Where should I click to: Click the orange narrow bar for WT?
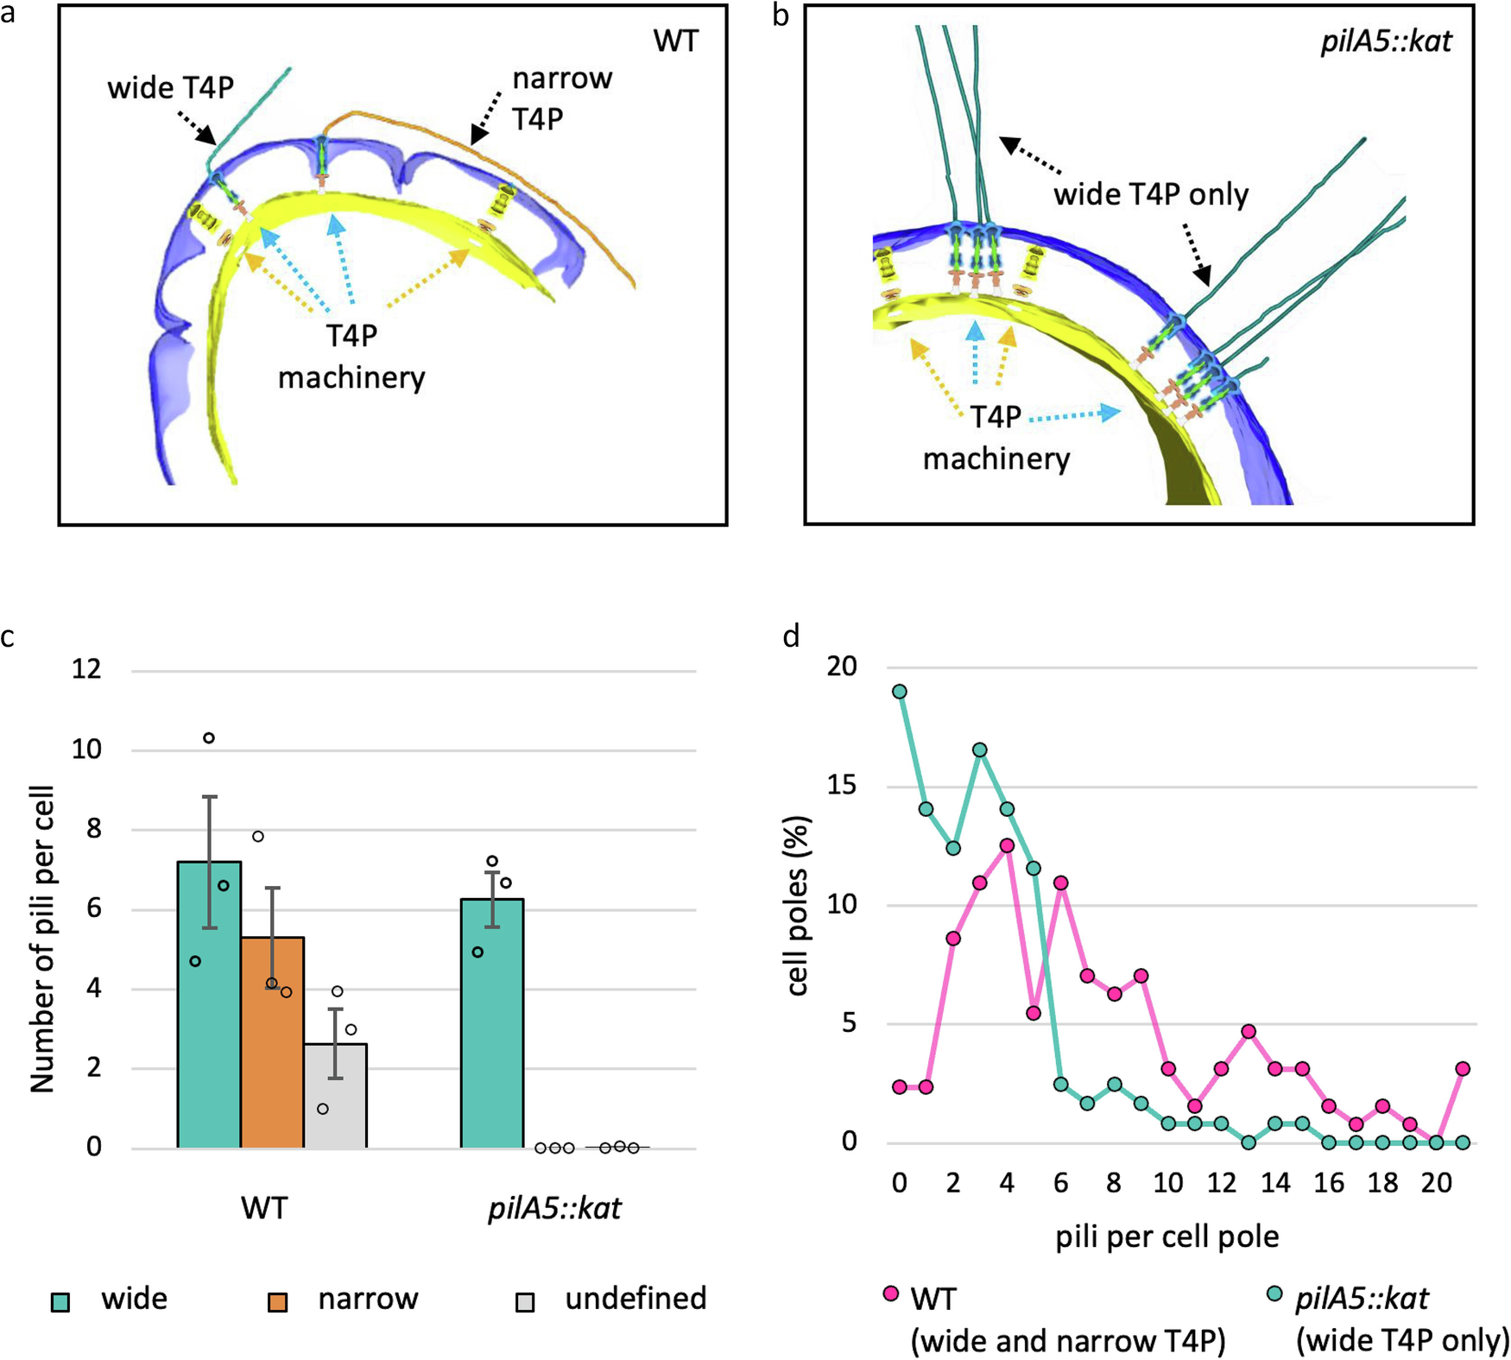(272, 1042)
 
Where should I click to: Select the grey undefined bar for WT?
(335, 1096)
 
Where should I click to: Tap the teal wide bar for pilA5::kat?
(491, 1023)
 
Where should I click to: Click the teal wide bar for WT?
(208, 1004)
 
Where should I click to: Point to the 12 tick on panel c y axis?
(86, 669)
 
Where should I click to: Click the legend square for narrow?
(277, 1301)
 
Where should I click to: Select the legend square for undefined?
(524, 1301)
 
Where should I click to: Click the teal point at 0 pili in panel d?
(900, 692)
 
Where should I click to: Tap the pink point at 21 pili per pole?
(1463, 1069)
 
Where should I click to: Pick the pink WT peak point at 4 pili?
(1007, 845)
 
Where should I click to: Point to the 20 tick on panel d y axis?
(842, 667)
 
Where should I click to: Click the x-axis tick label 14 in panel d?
(1275, 1183)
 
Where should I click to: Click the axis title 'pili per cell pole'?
(1166, 1237)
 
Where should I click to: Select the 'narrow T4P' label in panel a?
(562, 98)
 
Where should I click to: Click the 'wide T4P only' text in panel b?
(1150, 194)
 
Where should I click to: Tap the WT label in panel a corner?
(675, 41)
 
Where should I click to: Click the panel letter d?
(791, 636)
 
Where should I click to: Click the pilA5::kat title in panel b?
(1386, 41)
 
